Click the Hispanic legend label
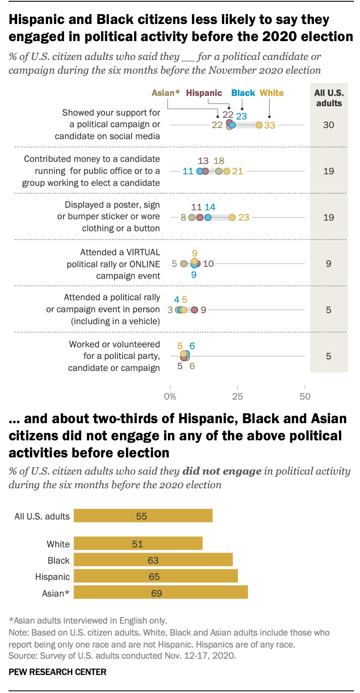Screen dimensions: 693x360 pyautogui.click(x=204, y=93)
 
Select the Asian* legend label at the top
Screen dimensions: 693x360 pyautogui.click(x=166, y=93)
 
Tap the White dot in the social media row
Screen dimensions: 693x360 pyautogui.click(x=259, y=125)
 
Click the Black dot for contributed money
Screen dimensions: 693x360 pyautogui.click(x=200, y=171)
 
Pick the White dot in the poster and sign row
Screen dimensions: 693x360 pyautogui.click(x=232, y=218)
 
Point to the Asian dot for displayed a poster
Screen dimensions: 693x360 pyautogui.click(x=192, y=218)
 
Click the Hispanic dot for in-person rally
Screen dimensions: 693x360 pyautogui.click(x=195, y=310)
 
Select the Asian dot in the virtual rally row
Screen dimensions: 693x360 pyautogui.click(x=184, y=264)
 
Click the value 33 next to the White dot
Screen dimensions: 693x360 pyautogui.click(x=270, y=125)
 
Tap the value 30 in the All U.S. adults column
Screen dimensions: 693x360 pyautogui.click(x=329, y=125)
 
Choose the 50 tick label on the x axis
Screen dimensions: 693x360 pyautogui.click(x=305, y=397)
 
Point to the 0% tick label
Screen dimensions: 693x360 pyautogui.click(x=170, y=397)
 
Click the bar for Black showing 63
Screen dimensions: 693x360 pyautogui.click(x=153, y=560)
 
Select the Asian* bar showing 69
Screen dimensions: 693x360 pyautogui.click(x=161, y=593)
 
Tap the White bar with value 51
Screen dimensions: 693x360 pyautogui.click(x=138, y=544)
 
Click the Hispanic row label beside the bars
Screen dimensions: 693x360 pyautogui.click(x=52, y=577)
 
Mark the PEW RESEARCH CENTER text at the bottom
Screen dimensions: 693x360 pyautogui.click(x=57, y=672)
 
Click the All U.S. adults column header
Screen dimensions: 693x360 pyautogui.click(x=329, y=98)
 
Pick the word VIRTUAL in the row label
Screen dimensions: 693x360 pyautogui.click(x=143, y=252)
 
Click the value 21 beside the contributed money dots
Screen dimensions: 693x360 pyautogui.click(x=237, y=171)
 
